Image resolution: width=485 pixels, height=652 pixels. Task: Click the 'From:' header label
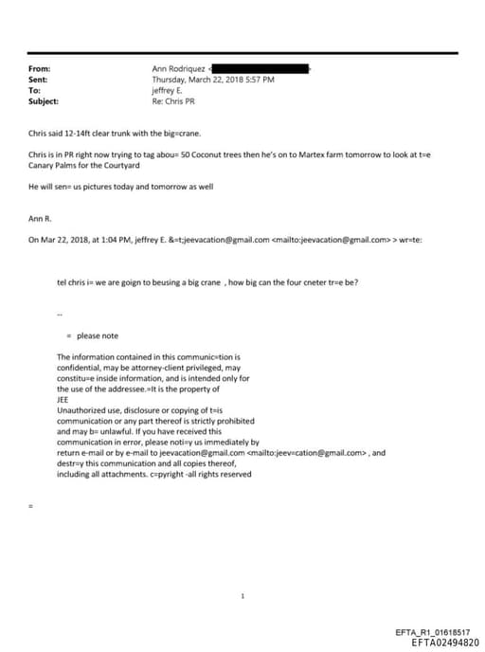point(40,69)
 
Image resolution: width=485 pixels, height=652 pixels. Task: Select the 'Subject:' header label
point(44,100)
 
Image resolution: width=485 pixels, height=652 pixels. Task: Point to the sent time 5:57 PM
point(258,80)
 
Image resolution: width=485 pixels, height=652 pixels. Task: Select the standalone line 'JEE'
point(63,399)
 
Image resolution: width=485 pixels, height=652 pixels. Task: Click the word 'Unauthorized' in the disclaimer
point(82,410)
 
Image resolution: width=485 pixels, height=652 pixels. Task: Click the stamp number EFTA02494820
point(439,642)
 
